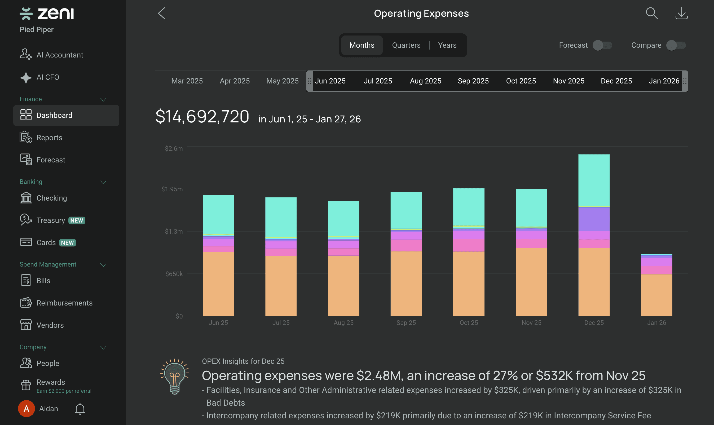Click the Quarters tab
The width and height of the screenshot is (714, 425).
(406, 45)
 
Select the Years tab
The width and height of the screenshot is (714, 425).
(447, 45)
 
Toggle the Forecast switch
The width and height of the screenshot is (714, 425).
(602, 45)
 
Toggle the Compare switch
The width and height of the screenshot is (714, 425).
(676, 45)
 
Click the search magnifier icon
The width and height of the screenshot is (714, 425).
(651, 14)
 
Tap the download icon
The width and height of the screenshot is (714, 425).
(681, 14)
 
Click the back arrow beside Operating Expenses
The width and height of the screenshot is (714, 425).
(162, 14)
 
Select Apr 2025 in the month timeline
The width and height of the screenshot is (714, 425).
(235, 81)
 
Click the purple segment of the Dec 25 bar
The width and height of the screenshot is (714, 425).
(594, 219)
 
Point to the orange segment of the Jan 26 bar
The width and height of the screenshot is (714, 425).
(656, 295)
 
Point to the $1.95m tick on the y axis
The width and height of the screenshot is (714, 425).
(172, 189)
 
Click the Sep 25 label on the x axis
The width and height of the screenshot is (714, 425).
(406, 323)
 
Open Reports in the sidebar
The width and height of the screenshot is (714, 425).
(49, 138)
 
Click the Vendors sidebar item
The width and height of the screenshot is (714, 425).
(50, 325)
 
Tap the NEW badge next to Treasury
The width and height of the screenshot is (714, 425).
(77, 220)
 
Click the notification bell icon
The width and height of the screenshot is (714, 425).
(80, 409)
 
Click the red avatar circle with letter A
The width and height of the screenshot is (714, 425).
(26, 409)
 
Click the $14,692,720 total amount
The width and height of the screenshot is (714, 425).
(202, 117)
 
